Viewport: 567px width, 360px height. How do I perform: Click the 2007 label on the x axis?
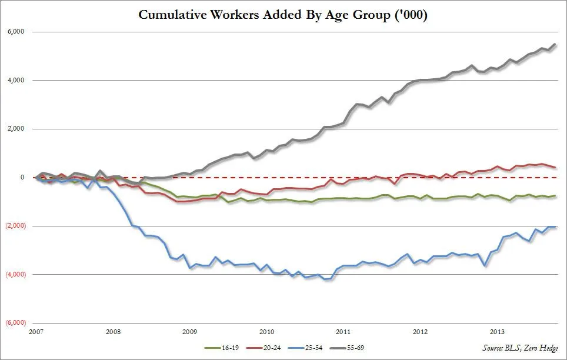point(36,332)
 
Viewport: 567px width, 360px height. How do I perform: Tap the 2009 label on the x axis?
point(190,332)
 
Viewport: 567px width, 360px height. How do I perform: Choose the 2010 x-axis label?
point(266,332)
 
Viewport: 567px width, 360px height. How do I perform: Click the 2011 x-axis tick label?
point(343,332)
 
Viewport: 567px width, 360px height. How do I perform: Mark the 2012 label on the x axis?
point(420,332)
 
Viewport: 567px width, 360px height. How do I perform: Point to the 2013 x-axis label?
point(497,332)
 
